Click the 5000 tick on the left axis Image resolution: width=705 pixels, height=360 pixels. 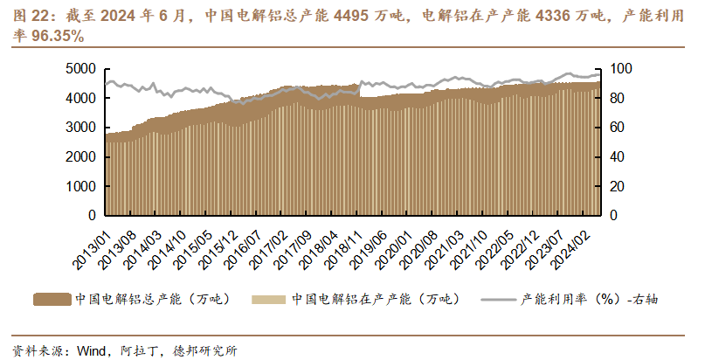[81, 69]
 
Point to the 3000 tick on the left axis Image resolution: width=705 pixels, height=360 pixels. [81, 128]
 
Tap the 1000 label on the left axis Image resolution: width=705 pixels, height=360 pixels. [81, 186]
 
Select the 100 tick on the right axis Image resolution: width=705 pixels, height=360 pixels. [621, 69]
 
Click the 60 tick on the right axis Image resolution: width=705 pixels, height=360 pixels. [618, 128]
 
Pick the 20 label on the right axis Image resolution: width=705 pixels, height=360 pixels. [618, 186]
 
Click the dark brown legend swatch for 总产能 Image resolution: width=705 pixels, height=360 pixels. [52, 300]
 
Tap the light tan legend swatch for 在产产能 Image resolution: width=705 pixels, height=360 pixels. [269, 300]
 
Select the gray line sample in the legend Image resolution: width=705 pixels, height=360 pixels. [498, 300]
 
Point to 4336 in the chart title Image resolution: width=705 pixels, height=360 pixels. [554, 17]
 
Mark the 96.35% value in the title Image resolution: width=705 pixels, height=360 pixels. [58, 37]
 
